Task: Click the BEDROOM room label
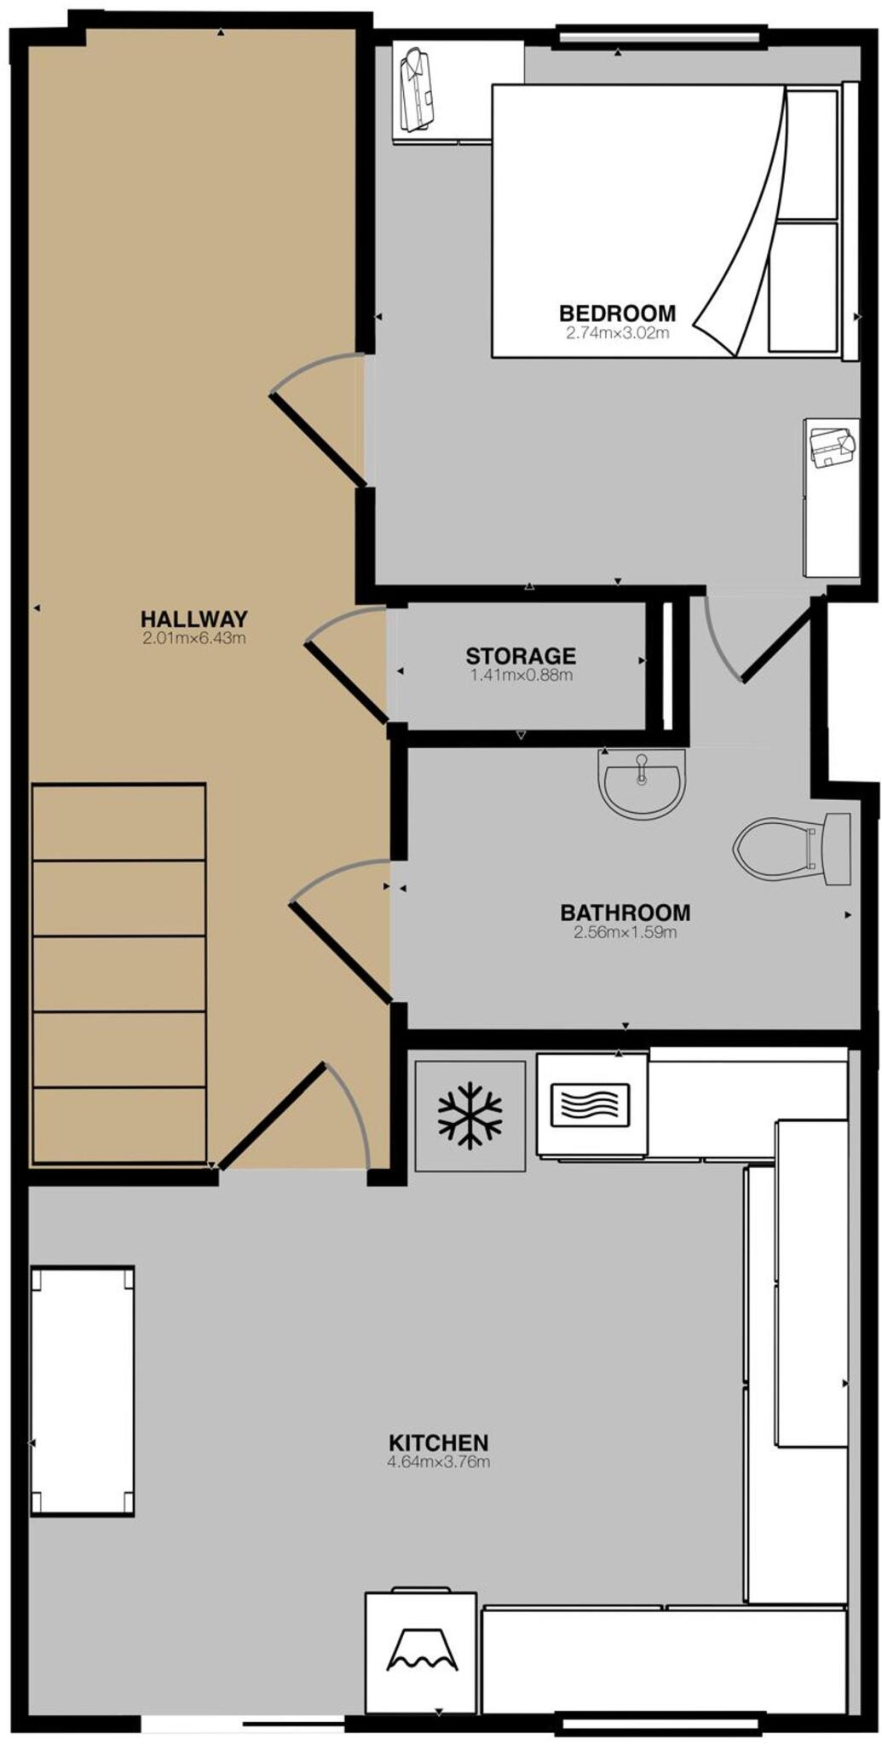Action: tap(617, 313)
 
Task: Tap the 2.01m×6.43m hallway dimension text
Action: tap(194, 637)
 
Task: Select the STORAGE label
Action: tap(520, 655)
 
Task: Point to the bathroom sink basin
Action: tap(642, 781)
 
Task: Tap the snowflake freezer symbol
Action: tap(470, 1114)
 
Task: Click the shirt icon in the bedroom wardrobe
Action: tap(417, 90)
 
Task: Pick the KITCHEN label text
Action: tap(438, 1443)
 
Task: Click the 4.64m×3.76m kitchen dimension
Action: tap(438, 1462)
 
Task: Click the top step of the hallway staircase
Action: tap(118, 822)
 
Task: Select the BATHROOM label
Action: tap(625, 912)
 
